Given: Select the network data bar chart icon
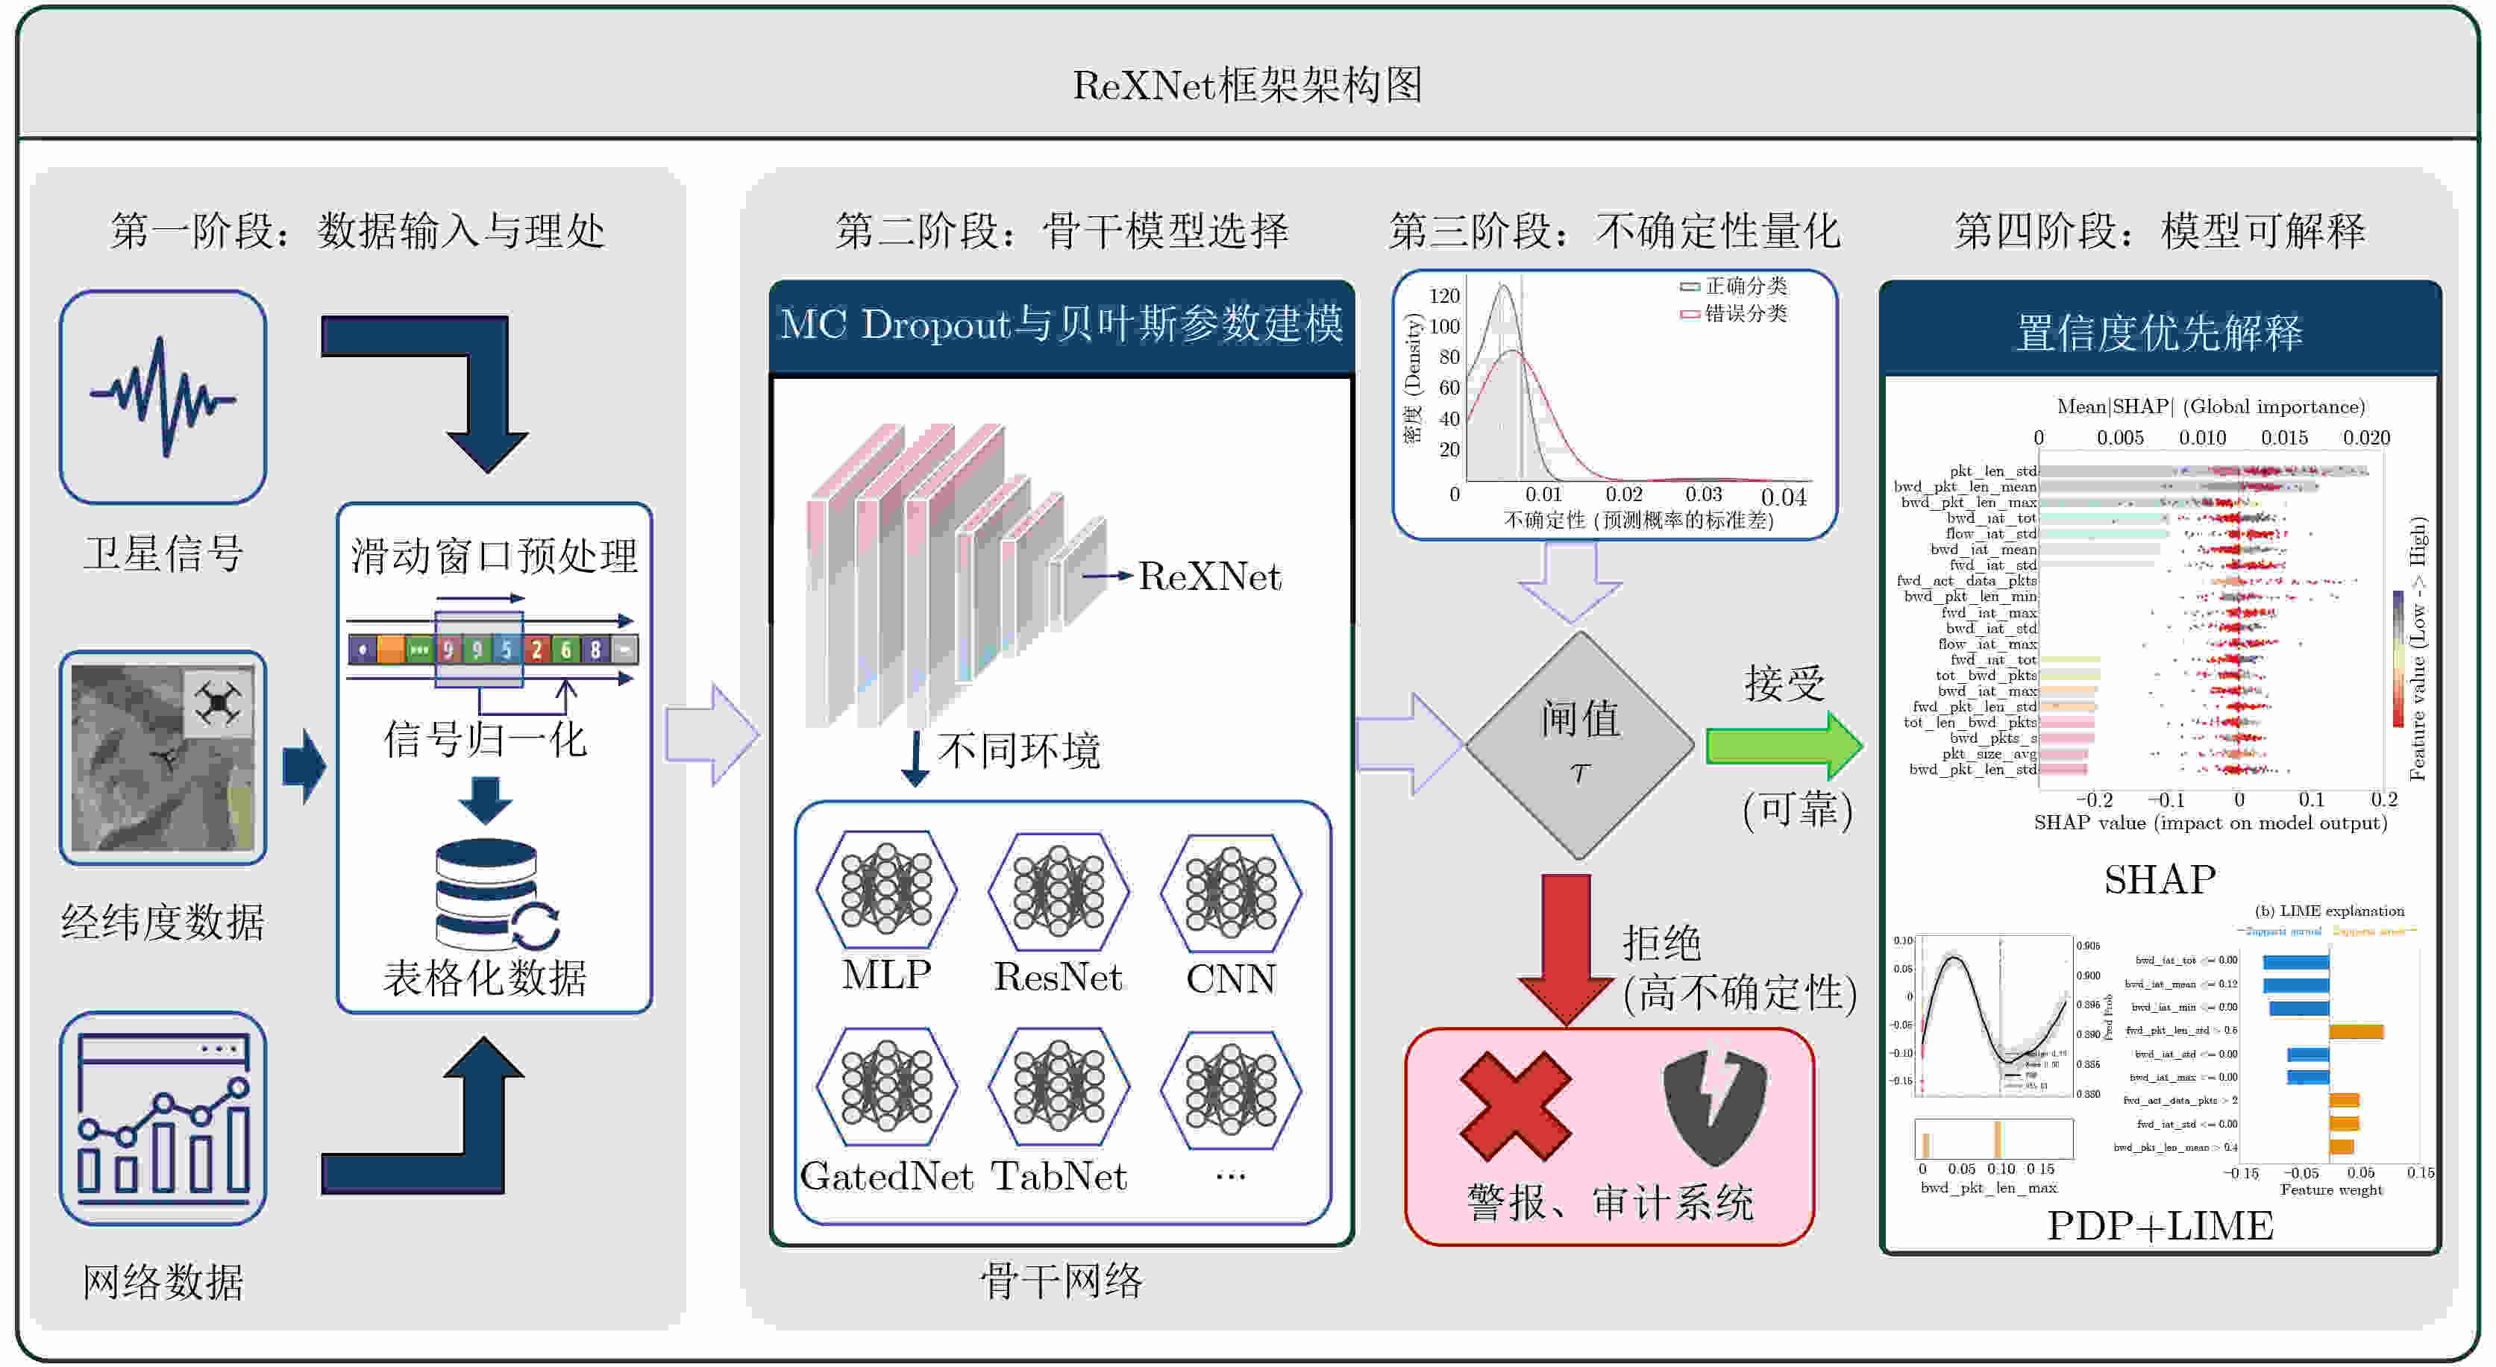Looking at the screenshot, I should tap(163, 1118).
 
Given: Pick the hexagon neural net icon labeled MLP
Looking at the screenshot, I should tap(885, 890).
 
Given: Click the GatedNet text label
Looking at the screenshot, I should tap(885, 1176).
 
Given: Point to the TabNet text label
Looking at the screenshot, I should tap(1058, 1176).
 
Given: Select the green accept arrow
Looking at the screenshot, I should tap(1783, 745).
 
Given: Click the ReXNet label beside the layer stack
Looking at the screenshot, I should tap(1208, 576).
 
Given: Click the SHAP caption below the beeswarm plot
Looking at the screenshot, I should tap(2159, 880).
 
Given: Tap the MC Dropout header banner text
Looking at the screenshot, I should tap(1061, 324).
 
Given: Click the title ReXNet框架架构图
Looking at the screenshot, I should tap(1247, 85).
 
